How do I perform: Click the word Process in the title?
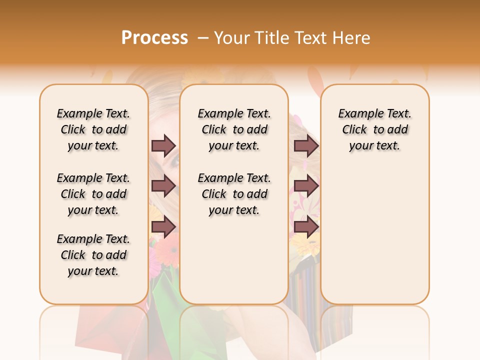coord(154,37)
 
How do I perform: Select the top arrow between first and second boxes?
coord(163,145)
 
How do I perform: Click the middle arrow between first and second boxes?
coord(163,186)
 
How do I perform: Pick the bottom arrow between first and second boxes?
coord(163,227)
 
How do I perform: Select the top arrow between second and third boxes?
coord(306,145)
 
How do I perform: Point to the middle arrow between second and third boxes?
coord(306,186)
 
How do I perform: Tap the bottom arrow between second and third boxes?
coord(306,227)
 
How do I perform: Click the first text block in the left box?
coord(93,129)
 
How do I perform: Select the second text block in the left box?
coord(93,194)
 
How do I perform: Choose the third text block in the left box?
coord(93,255)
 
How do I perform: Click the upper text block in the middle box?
coord(234,129)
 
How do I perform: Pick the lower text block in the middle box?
coord(234,194)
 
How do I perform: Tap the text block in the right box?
coord(374,129)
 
